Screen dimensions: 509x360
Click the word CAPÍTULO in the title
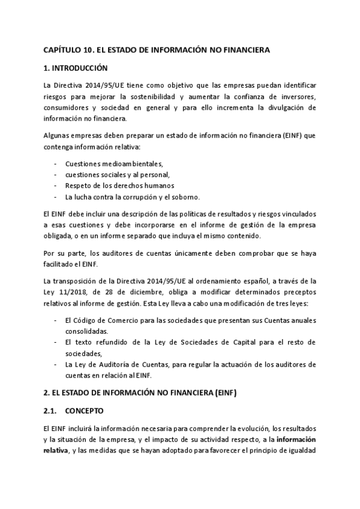(59, 51)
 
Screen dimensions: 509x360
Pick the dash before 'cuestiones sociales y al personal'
(56, 175)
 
